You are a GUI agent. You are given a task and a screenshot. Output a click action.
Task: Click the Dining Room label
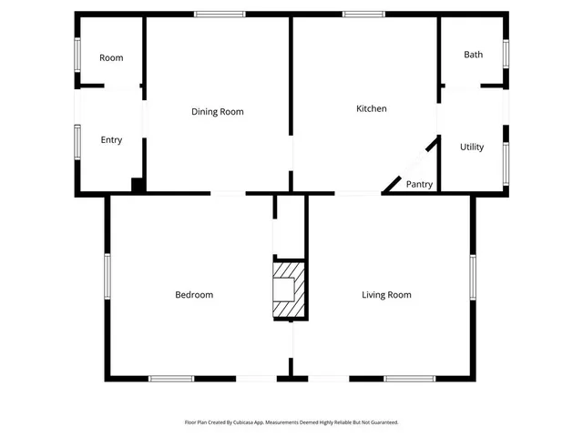(218, 112)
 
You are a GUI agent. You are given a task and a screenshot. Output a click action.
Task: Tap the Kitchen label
(371, 109)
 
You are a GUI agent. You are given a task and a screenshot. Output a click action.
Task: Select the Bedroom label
(194, 295)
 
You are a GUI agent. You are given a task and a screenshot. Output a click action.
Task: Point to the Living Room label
(386, 295)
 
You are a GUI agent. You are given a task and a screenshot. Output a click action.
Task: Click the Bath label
(474, 55)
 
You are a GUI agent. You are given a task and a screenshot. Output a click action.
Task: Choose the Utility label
(472, 147)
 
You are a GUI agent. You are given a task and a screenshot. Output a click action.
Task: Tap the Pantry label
(419, 185)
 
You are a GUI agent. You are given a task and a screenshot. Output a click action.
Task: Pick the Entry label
(111, 140)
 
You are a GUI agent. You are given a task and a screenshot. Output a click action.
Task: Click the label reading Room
(111, 58)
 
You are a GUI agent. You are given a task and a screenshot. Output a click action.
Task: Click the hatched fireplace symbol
(288, 290)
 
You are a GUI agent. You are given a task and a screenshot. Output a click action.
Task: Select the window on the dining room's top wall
(220, 14)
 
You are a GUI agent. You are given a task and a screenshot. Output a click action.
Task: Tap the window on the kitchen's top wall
(363, 14)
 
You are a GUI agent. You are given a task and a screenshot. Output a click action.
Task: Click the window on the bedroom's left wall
(107, 276)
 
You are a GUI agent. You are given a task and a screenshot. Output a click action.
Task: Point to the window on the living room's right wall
(473, 276)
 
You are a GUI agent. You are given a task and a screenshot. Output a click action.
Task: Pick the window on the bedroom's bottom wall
(171, 378)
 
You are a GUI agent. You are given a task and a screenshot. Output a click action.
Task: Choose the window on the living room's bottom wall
(410, 378)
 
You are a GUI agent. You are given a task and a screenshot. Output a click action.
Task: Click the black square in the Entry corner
(138, 185)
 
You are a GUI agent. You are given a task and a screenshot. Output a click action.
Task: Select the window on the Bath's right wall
(506, 53)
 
